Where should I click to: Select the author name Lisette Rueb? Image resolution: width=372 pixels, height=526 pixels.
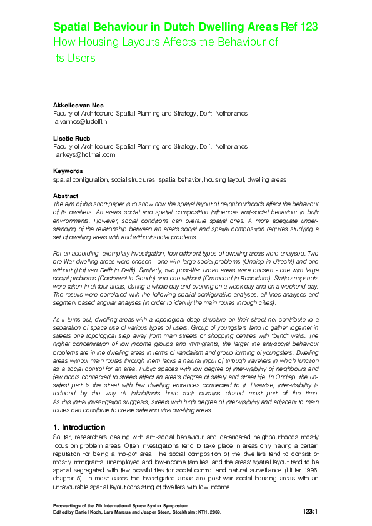(69, 138)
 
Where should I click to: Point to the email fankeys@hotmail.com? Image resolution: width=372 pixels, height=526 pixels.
(85, 154)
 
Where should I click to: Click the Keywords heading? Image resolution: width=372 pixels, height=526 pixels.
(68, 171)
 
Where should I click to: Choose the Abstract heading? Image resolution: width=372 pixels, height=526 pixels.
(66, 196)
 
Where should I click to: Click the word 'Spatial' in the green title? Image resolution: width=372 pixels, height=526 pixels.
(73, 27)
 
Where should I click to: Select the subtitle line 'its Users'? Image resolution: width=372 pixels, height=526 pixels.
(73, 58)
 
